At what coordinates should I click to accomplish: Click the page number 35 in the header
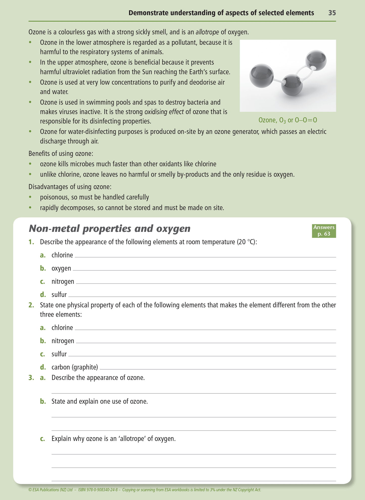(332, 13)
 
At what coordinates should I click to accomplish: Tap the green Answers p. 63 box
(324, 231)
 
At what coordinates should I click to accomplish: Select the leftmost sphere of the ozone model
(261, 76)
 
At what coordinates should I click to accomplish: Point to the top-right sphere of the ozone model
(316, 61)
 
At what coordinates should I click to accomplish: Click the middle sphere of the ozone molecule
(292, 85)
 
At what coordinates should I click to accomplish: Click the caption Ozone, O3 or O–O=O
(288, 120)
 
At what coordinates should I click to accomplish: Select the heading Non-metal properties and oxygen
(110, 229)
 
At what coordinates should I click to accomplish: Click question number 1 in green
(31, 242)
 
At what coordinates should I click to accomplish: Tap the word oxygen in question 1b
(61, 268)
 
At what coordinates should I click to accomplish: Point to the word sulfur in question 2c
(59, 354)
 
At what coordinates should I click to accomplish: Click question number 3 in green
(31, 378)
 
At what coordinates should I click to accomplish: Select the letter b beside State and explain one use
(43, 402)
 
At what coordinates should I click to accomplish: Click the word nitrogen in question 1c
(63, 282)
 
